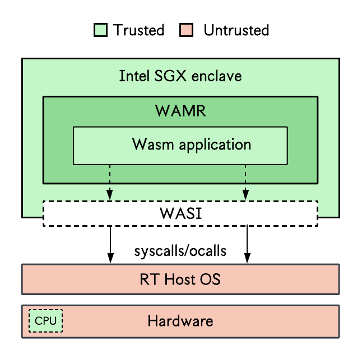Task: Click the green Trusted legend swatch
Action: click(100, 30)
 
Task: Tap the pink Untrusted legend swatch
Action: click(186, 30)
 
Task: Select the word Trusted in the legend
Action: click(138, 30)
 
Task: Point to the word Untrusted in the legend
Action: click(236, 30)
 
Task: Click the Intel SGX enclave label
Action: click(180, 76)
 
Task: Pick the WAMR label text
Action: click(180, 111)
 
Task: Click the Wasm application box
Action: click(180, 146)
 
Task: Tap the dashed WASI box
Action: click(180, 213)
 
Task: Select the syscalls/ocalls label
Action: click(180, 251)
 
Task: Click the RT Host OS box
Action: click(180, 279)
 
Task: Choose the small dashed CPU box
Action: click(46, 321)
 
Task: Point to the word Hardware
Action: click(180, 321)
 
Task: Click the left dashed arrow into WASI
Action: click(110, 182)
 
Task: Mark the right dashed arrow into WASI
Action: click(245, 182)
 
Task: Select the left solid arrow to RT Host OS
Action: click(110, 245)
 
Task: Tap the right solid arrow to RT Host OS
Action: click(247, 245)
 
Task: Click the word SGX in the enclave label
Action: click(170, 76)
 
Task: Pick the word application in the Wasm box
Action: click(215, 146)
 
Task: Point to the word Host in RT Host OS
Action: click(179, 279)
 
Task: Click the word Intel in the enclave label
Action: click(134, 76)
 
